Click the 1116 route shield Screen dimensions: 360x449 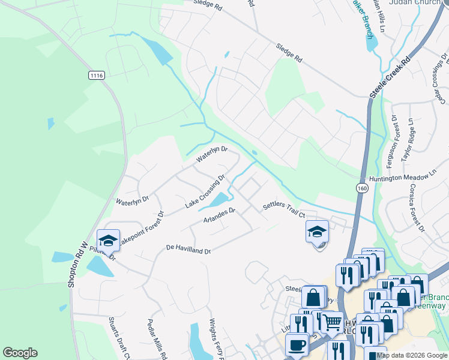96,75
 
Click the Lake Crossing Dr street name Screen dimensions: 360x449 205,191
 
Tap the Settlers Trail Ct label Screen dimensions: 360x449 285,210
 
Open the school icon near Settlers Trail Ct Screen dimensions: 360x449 317,232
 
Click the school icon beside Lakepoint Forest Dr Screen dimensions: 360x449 108,241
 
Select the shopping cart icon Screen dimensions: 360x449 331,323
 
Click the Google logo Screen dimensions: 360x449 20,353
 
